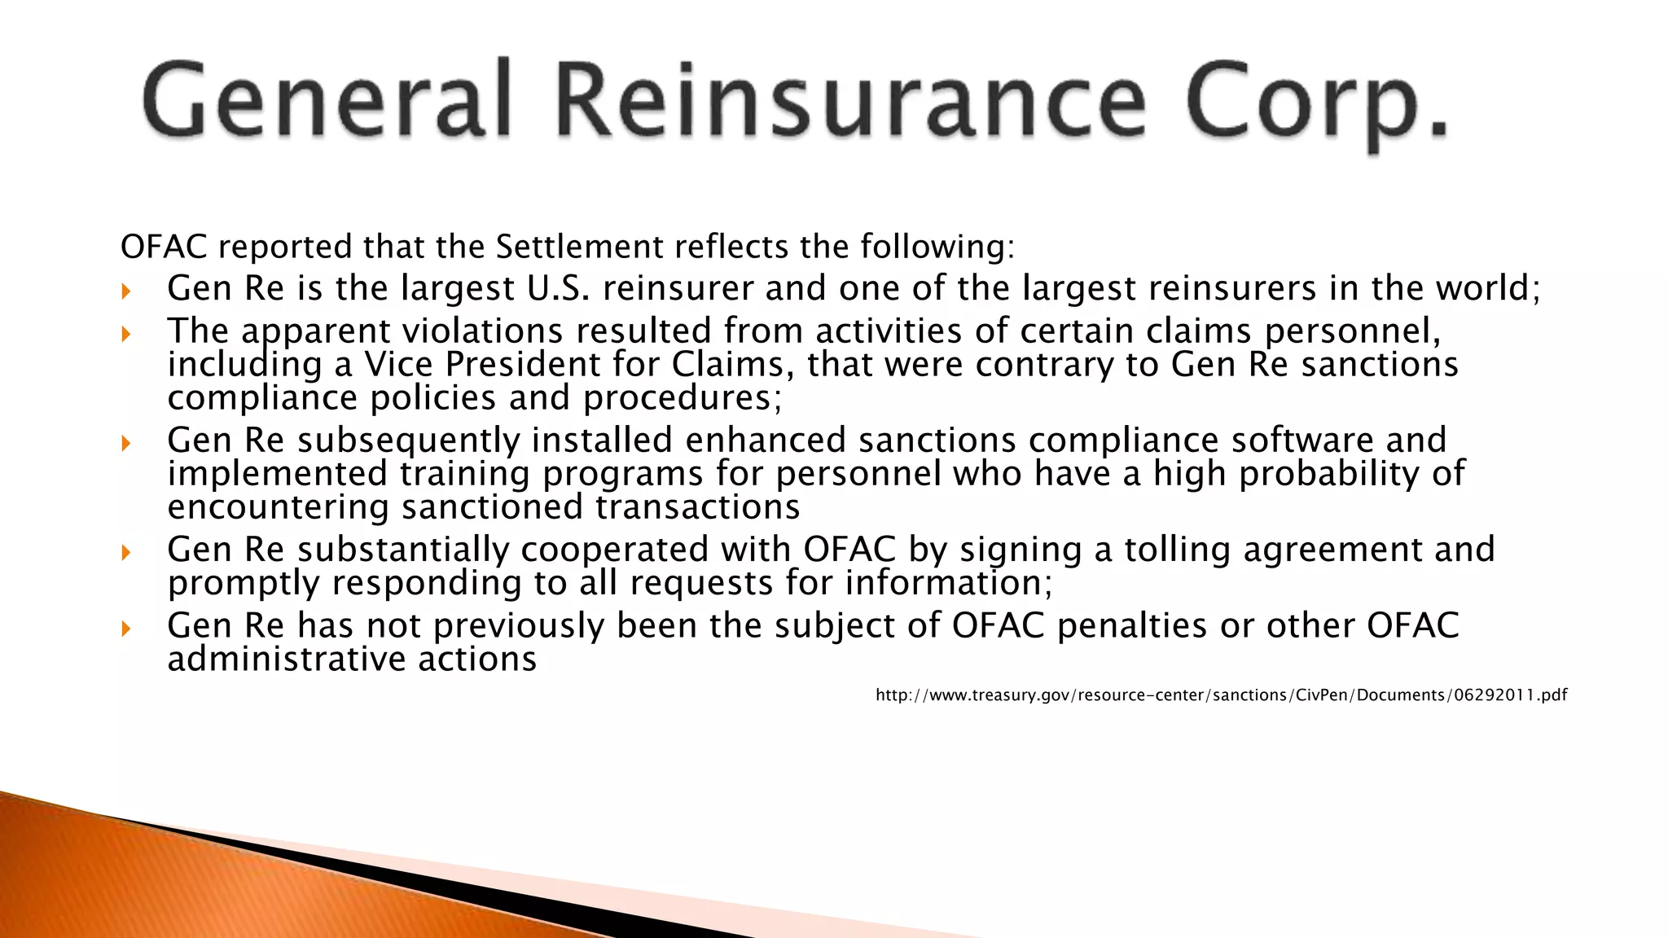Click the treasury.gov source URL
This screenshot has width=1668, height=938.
click(x=1221, y=695)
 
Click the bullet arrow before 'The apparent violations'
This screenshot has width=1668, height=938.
click(x=125, y=333)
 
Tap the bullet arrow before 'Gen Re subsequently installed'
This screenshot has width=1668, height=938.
click(x=125, y=442)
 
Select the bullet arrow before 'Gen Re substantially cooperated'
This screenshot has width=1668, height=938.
click(x=125, y=552)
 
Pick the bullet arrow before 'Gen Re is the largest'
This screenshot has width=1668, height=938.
click(x=125, y=291)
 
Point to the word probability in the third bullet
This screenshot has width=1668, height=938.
click(x=1328, y=474)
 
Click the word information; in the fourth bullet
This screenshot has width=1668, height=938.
click(x=948, y=583)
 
